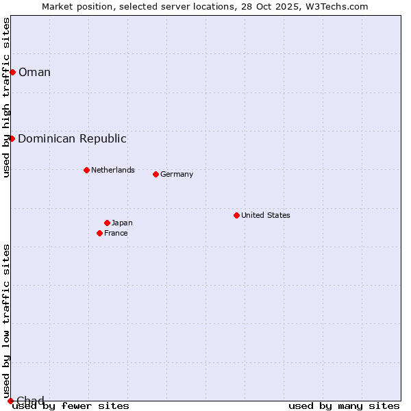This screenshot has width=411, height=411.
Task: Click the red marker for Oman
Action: (x=12, y=72)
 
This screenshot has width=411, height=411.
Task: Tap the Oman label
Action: (x=34, y=72)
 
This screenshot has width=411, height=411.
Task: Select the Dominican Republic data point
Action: (x=12, y=138)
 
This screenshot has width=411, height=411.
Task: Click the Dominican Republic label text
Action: (x=72, y=138)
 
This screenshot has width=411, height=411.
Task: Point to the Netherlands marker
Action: (x=86, y=170)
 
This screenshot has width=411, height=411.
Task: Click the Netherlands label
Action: (x=112, y=170)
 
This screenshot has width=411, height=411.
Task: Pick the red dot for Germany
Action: (x=155, y=174)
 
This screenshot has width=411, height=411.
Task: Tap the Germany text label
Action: (x=177, y=174)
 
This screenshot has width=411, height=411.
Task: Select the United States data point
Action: (x=236, y=215)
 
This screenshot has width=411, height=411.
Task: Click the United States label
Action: (x=265, y=215)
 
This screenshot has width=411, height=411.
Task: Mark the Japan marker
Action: (x=107, y=223)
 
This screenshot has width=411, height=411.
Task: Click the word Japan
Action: (x=122, y=223)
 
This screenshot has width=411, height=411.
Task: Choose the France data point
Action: (x=99, y=233)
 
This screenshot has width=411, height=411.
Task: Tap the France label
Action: (x=116, y=233)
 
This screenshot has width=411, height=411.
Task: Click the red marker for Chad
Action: (x=10, y=401)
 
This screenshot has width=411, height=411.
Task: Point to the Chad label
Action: (x=30, y=401)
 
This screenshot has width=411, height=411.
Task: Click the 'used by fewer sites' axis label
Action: (x=71, y=406)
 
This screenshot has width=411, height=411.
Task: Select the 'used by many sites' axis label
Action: (x=344, y=406)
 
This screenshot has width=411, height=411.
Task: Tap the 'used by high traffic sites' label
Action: (x=6, y=97)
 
